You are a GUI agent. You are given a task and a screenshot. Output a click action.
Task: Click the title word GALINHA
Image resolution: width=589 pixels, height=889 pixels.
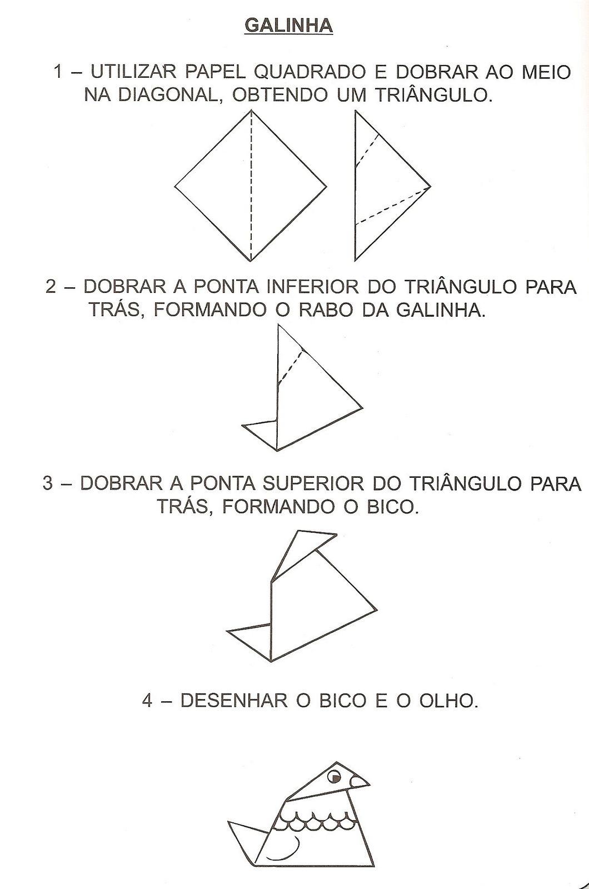coord(288,26)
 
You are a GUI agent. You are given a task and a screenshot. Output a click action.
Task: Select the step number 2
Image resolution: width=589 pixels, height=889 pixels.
coord(51,287)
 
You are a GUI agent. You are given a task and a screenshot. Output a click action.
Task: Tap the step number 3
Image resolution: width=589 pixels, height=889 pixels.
coord(48,483)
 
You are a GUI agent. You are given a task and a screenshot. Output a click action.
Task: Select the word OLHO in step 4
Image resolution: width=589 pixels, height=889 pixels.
coord(448,701)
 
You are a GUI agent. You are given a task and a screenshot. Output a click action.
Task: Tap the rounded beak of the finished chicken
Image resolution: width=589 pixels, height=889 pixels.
coord(358,782)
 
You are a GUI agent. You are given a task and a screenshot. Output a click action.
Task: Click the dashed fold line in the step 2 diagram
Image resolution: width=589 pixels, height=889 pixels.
coord(289,366)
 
